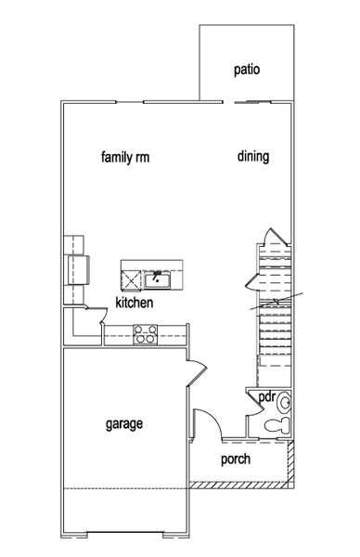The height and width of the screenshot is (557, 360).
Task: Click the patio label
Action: click(246, 69)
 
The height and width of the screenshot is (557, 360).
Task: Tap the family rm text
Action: click(125, 157)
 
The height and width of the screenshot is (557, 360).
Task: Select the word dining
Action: click(252, 157)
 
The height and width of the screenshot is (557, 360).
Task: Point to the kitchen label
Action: click(134, 303)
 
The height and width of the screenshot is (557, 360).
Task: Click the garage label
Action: click(123, 424)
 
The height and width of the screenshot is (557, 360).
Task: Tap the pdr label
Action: click(266, 396)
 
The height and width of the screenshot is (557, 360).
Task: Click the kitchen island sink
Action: click(159, 278)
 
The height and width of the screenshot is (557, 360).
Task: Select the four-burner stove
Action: click(144, 334)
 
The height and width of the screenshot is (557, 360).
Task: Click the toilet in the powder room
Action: click(276, 425)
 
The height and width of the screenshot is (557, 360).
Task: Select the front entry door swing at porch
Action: click(205, 422)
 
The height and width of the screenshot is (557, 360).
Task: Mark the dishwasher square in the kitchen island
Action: click(131, 278)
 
